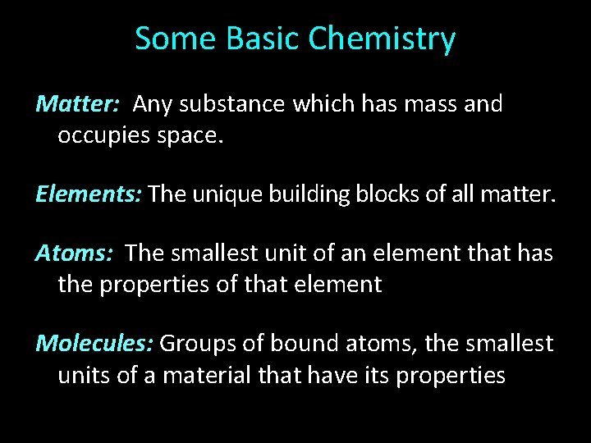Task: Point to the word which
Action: pos(318,104)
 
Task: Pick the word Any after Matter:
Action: pos(151,105)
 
